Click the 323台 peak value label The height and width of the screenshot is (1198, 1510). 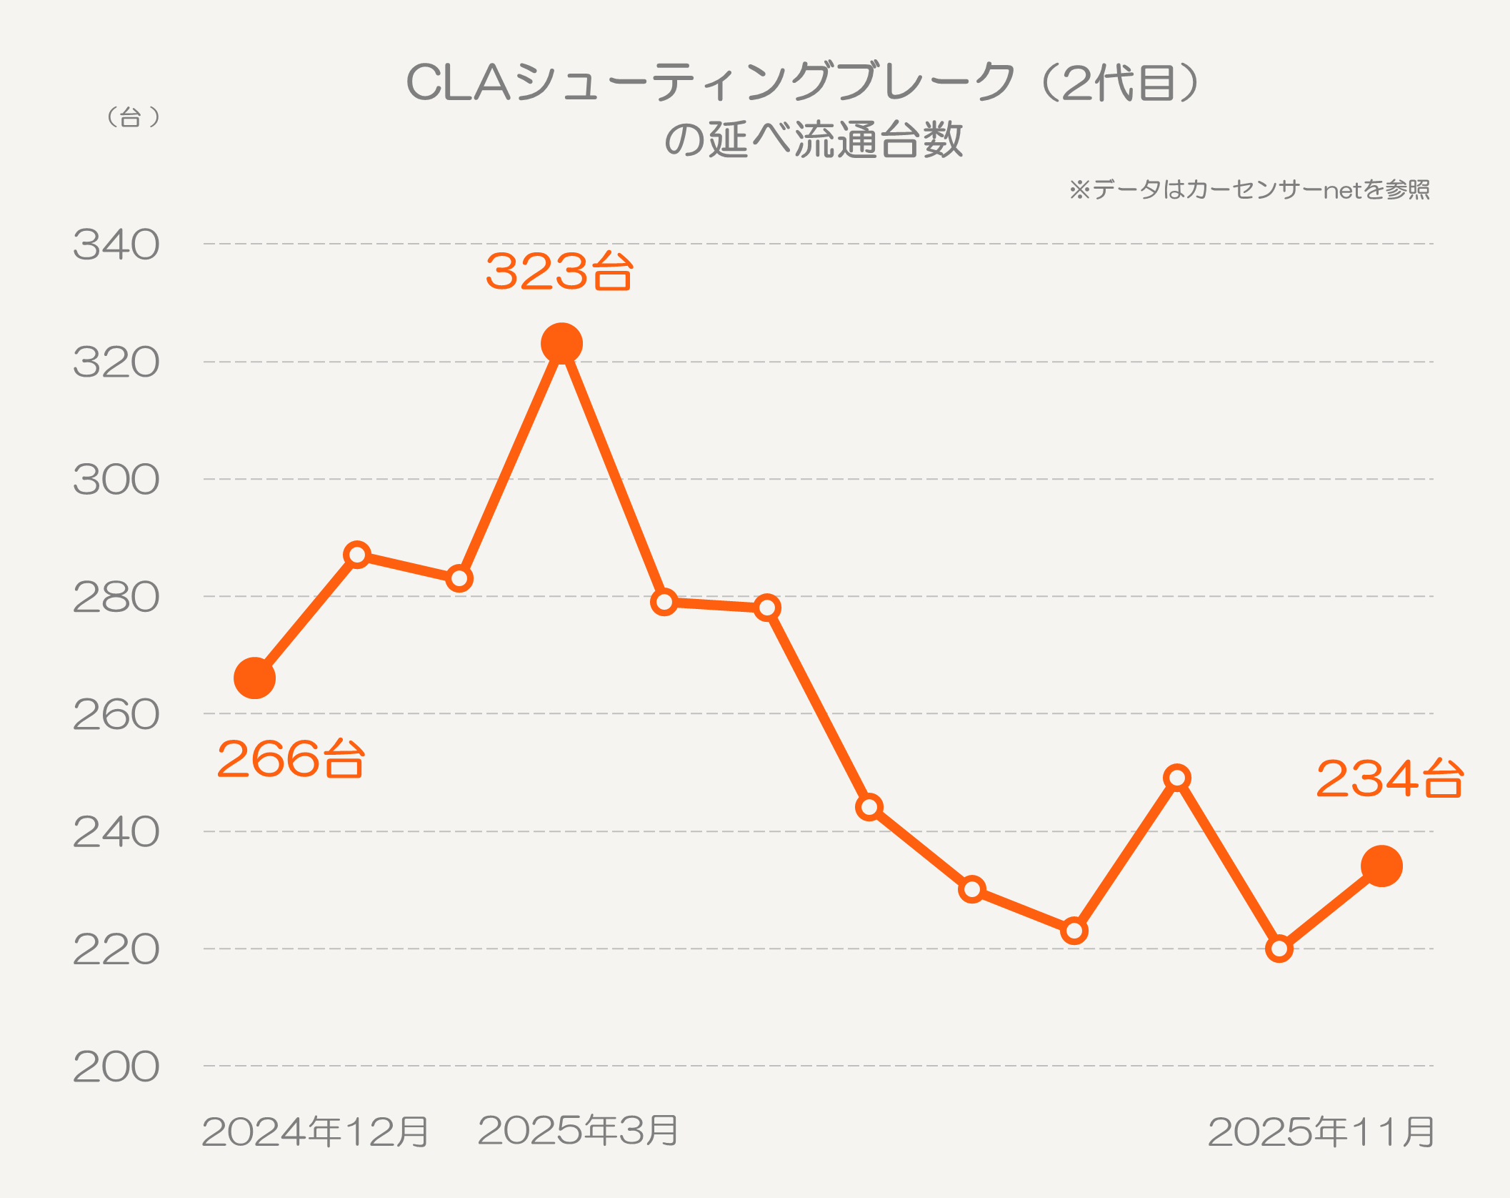click(x=559, y=272)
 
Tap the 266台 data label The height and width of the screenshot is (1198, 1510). click(x=291, y=758)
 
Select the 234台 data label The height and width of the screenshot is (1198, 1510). click(x=1389, y=778)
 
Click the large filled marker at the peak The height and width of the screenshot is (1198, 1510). click(x=561, y=344)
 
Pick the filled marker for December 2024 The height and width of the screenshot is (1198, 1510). click(x=255, y=678)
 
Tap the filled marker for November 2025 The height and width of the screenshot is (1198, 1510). click(x=1381, y=866)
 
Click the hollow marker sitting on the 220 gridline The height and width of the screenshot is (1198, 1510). click(x=1279, y=949)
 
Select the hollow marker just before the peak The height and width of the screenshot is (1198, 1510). click(x=459, y=578)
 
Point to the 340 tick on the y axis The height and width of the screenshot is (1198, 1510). click(x=116, y=245)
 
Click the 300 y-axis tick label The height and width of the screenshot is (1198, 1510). click(x=116, y=480)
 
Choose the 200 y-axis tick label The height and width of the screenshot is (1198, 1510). click(x=116, y=1067)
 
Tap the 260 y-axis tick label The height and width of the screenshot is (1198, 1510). click(x=116, y=715)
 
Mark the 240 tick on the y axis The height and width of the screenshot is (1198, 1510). click(x=116, y=833)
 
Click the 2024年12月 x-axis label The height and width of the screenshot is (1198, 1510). click(x=315, y=1132)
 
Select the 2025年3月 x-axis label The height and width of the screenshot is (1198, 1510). click(x=577, y=1130)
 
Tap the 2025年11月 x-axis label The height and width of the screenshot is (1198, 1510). click(x=1321, y=1132)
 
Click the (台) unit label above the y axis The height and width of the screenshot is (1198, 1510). click(x=132, y=117)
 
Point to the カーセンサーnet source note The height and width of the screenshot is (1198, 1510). click(x=1249, y=189)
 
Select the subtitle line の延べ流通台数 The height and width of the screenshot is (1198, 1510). click(x=814, y=139)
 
